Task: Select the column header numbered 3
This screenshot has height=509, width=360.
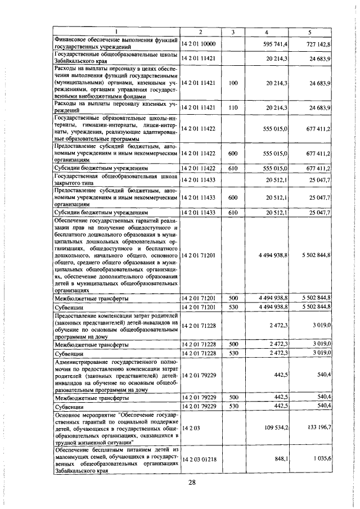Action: [x=232, y=32]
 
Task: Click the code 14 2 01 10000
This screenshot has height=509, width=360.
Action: [x=200, y=43]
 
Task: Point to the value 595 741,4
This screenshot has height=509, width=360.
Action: [x=276, y=43]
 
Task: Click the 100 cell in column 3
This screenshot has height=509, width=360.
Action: [x=232, y=83]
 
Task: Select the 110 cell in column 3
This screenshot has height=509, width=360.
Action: [x=232, y=107]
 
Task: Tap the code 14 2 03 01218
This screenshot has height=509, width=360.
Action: [x=200, y=459]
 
